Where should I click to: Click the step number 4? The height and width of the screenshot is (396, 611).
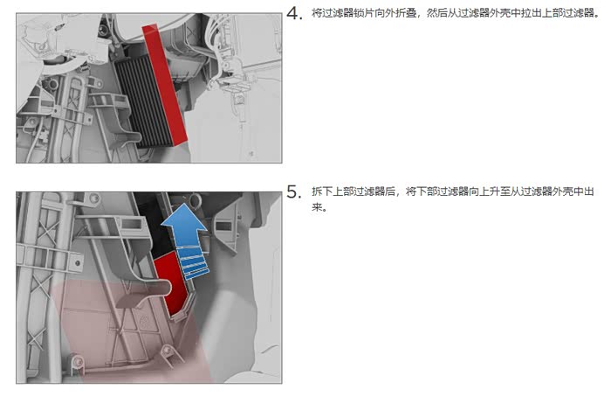pyautogui.click(x=294, y=13)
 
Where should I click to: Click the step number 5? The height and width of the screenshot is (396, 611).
pyautogui.click(x=294, y=191)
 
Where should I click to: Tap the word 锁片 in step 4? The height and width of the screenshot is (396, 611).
pyautogui.click(x=363, y=13)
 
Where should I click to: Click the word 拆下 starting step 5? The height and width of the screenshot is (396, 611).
pyautogui.click(x=322, y=191)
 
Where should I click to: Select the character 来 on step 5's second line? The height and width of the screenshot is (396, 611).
pyautogui.click(x=317, y=207)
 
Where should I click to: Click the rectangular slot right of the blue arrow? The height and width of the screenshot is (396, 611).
pyautogui.click(x=223, y=226)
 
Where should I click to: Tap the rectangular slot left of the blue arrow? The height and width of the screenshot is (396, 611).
pyautogui.click(x=131, y=224)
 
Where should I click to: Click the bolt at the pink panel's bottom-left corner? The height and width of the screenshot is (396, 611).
pyautogui.click(x=78, y=362)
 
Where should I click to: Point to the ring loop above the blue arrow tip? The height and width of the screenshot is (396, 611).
pyautogui.click(x=195, y=199)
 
